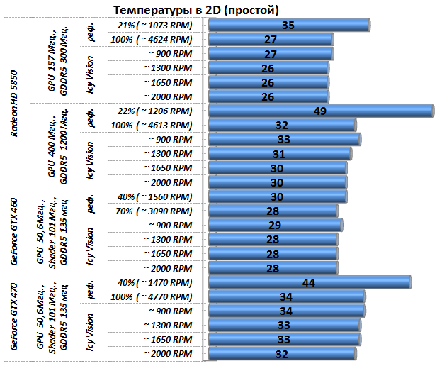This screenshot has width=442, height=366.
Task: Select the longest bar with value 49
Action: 320,111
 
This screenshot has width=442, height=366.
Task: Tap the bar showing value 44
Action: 309,282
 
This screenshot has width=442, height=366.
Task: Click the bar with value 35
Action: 288,26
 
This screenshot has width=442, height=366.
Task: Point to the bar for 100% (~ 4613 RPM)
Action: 281,126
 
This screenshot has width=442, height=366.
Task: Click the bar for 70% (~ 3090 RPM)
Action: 273,211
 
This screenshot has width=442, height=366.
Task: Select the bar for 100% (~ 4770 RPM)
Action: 286,296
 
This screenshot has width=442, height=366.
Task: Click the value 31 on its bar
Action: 278,154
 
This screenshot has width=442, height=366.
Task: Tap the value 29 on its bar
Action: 274,225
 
